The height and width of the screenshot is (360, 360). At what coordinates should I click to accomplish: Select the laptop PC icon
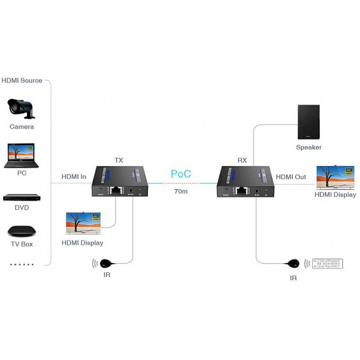[x=22, y=156]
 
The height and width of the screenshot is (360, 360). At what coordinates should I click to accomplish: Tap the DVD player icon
[x=22, y=197]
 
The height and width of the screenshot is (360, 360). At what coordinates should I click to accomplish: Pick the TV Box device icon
[x=22, y=231]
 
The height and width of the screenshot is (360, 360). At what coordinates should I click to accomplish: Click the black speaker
[x=308, y=122]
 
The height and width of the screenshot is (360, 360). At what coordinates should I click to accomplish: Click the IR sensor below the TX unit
[x=106, y=262]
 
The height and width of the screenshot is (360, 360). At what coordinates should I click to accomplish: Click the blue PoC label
[x=181, y=174]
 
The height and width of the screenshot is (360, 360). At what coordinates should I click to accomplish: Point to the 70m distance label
[x=181, y=192]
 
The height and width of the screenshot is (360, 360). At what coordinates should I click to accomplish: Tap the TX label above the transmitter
[x=118, y=160]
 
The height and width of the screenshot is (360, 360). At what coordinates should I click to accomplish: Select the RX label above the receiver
[x=242, y=160]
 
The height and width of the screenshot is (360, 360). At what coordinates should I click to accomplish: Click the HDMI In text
[x=74, y=177]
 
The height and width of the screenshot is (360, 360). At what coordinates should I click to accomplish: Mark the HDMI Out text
[x=291, y=177]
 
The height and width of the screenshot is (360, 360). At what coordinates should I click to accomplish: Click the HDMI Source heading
[x=22, y=80]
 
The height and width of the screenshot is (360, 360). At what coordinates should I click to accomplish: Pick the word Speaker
[x=309, y=147]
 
